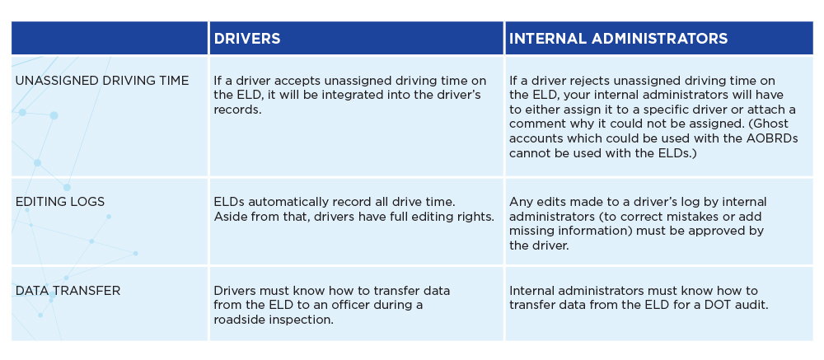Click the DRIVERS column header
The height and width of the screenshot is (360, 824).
click(x=247, y=39)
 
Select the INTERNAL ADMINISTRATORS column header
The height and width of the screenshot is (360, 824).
click(x=619, y=39)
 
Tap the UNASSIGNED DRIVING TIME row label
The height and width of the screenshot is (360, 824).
click(x=102, y=81)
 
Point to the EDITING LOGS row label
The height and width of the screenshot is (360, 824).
click(x=60, y=202)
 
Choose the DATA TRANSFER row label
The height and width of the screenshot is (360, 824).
click(x=68, y=291)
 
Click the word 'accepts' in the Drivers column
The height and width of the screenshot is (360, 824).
click(x=287, y=81)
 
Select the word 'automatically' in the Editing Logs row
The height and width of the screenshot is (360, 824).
click(x=285, y=202)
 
